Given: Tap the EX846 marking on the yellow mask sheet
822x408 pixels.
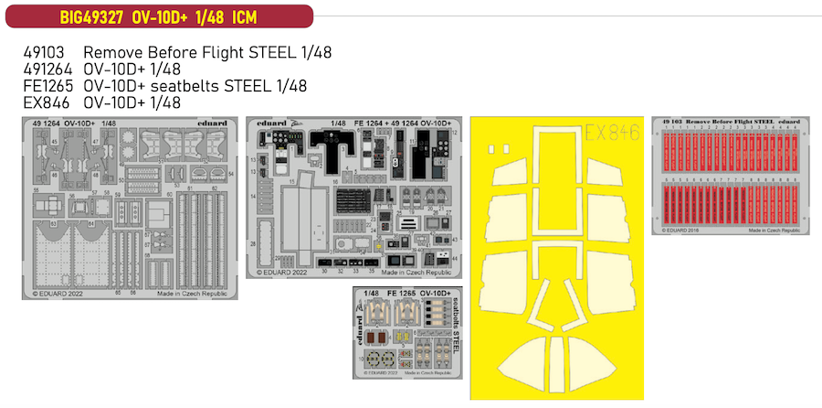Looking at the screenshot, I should (x=617, y=130).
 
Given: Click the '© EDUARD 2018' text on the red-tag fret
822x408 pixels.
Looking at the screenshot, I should (x=680, y=232).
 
